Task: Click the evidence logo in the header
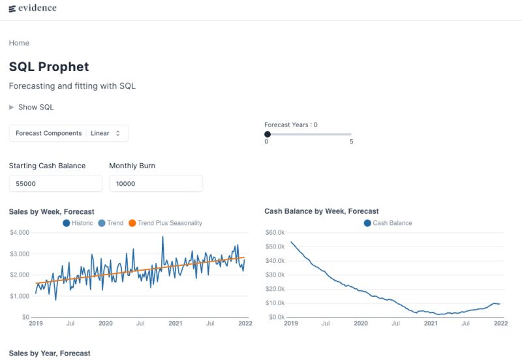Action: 33,8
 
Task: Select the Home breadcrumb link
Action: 19,43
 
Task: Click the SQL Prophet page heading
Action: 49,67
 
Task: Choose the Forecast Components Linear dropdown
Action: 69,133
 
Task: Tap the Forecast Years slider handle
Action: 268,134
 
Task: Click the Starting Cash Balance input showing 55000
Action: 55,184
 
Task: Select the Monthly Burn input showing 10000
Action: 155,184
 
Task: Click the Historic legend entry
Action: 78,223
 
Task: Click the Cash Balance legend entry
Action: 388,223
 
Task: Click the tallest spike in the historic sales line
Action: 162,237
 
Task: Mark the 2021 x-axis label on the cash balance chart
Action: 431,323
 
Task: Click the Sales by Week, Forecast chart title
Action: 52,211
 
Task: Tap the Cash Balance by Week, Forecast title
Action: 322,211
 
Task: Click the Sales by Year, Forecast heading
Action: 50,353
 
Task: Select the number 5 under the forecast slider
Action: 351,142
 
